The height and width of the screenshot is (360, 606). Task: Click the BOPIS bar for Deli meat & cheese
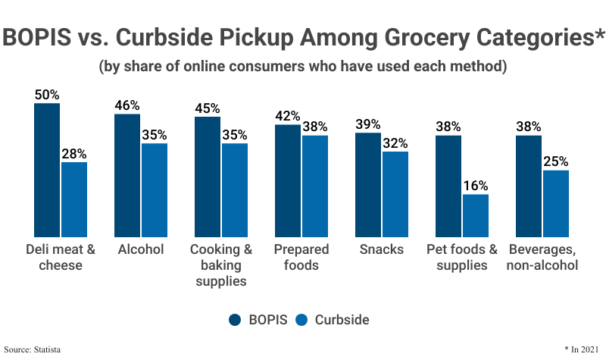point(47,170)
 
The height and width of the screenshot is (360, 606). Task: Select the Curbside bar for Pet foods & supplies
point(475,215)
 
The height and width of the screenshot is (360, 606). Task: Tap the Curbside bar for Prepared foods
point(314,186)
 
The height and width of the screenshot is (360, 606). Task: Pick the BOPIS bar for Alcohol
point(127,175)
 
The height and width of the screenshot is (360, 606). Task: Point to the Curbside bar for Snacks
point(395,194)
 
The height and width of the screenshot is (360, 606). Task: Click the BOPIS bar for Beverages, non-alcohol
point(528,186)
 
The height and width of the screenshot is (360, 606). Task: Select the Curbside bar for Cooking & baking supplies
point(234,189)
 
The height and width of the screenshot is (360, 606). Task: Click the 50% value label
point(47,95)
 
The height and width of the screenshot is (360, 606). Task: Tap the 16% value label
point(475,186)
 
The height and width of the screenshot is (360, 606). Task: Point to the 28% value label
point(74,154)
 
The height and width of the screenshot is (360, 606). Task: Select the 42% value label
point(288,116)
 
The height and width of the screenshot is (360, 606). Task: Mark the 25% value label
point(555,161)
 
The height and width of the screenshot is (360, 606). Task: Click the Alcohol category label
point(141,250)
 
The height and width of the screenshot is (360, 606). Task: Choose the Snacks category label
point(382,250)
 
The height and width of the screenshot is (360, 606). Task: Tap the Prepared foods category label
point(301,258)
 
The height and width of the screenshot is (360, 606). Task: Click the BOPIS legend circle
point(236,320)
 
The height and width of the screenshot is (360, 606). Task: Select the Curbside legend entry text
point(342,320)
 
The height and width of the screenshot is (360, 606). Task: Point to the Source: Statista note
point(32,349)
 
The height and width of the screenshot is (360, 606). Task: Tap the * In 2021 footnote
point(582,349)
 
